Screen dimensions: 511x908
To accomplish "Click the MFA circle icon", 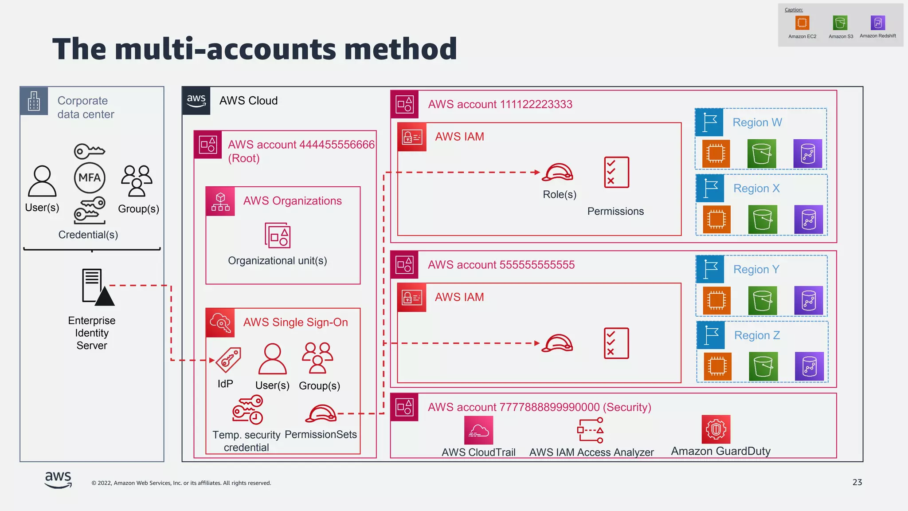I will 90,178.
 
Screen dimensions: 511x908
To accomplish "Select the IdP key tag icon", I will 228,359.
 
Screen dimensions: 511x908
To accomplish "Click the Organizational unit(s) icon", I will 278,235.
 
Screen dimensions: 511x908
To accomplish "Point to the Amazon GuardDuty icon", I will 716,429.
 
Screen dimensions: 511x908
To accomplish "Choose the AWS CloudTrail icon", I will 478,430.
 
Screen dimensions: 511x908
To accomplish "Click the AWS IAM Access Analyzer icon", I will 591,430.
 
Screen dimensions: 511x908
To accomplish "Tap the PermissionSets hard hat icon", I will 321,413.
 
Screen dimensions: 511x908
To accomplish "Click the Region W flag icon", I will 709,122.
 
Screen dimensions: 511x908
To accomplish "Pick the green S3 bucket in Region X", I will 763,220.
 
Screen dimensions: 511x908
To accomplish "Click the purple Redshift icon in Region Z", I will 809,366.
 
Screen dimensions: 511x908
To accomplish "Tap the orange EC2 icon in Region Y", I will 716,300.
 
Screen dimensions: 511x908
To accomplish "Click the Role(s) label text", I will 560,194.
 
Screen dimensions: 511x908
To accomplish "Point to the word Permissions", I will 615,211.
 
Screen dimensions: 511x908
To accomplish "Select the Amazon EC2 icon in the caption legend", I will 802,23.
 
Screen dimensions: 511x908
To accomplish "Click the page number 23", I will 857,482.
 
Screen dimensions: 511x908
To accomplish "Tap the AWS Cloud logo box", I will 196,101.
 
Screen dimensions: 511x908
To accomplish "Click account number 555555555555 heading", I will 501,265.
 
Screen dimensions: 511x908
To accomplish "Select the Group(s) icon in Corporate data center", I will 137,181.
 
